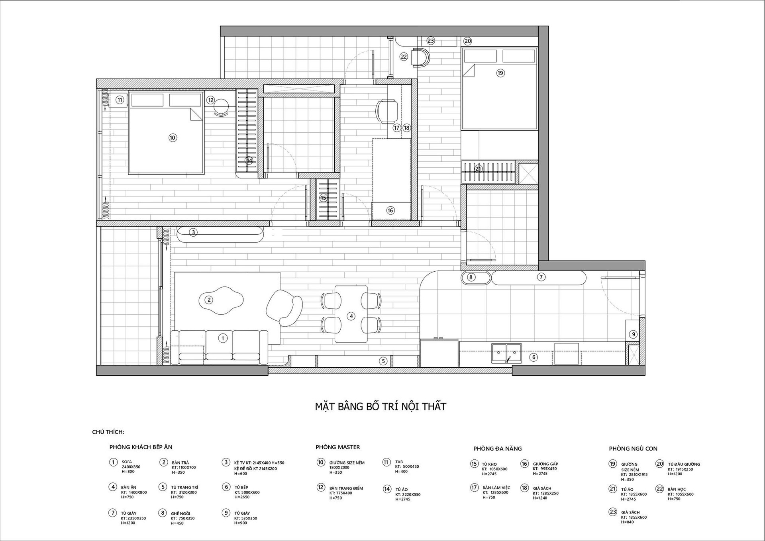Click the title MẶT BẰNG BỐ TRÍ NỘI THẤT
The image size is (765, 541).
coord(381,406)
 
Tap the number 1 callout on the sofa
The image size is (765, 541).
coord(223,338)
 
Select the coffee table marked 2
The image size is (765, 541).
coord(221,300)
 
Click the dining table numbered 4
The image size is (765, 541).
coord(351,314)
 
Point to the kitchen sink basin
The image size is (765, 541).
coord(506,353)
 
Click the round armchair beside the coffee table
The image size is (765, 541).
coord(284,308)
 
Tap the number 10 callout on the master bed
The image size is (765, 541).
coord(172,138)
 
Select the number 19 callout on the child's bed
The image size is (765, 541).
coord(500,73)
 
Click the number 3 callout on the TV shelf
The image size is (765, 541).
coord(193,232)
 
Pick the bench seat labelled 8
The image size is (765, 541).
coord(476,278)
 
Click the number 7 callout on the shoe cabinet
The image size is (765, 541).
coord(541,277)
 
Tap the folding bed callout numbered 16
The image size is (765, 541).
coord(390,210)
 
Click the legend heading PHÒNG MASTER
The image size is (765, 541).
coord(338,447)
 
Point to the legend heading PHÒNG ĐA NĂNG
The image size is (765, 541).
coord(498,449)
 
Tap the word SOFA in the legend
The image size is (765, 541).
coord(127,462)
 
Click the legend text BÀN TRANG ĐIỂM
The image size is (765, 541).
coord(346,488)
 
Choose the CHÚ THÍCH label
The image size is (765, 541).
coord(108,432)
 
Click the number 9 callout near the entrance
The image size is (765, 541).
coord(633,334)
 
